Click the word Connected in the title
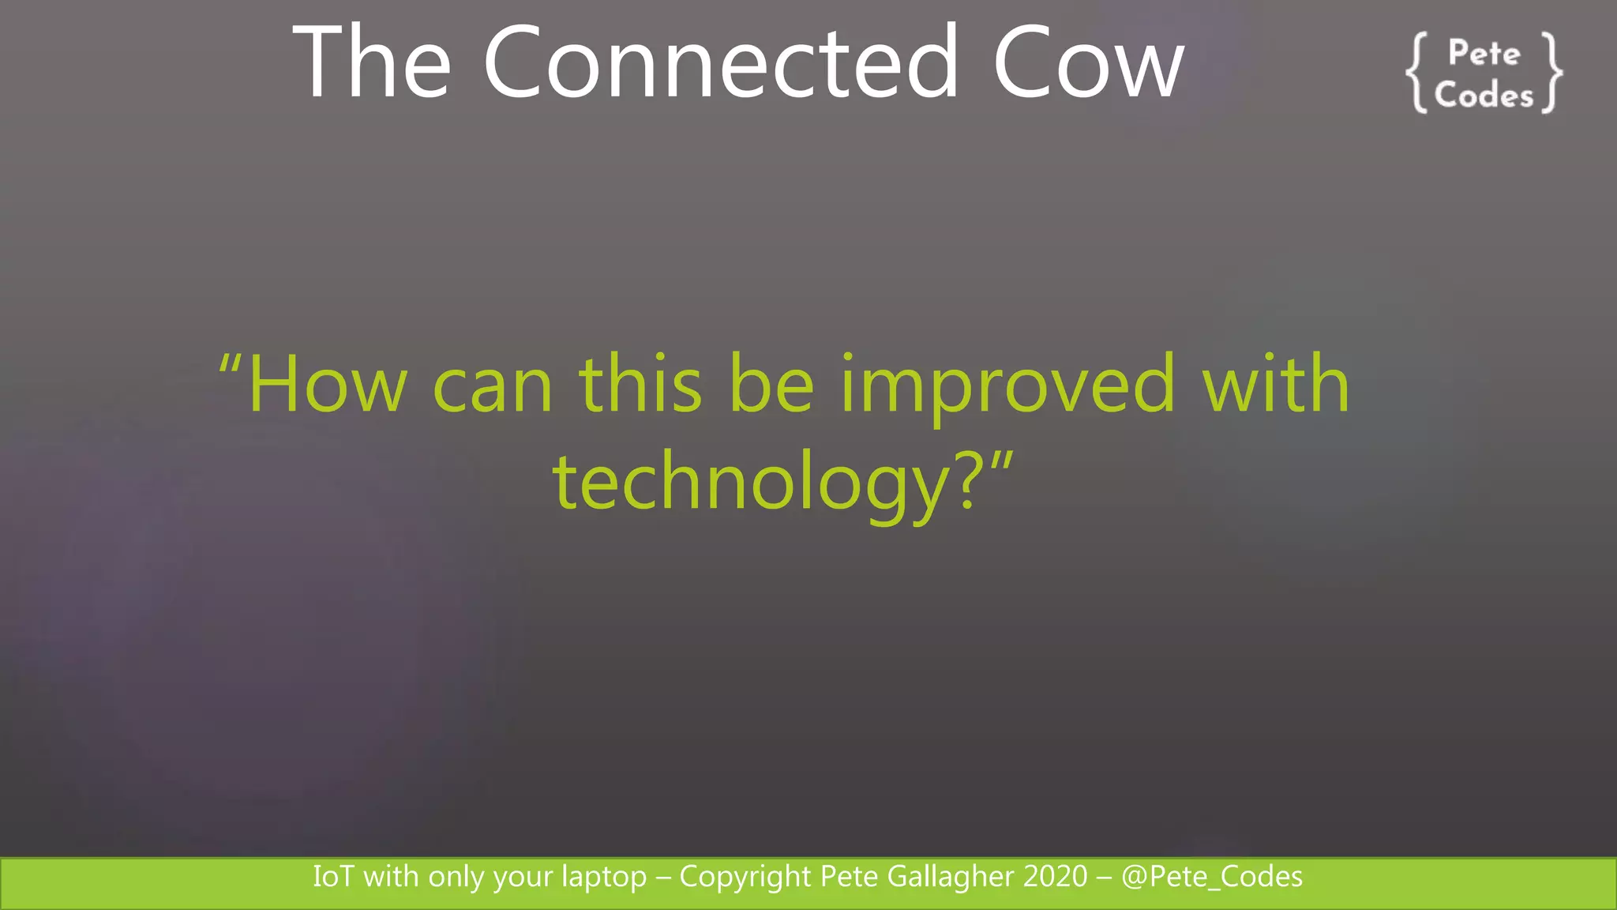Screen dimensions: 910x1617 tap(720, 63)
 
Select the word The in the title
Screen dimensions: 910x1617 tap(371, 63)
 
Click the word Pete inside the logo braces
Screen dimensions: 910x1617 tap(1484, 54)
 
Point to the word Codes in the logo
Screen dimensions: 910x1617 tap(1484, 96)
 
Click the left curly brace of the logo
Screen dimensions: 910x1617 tap(1417, 73)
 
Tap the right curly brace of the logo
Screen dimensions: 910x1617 tap(1551, 73)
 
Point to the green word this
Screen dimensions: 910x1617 tap(640, 385)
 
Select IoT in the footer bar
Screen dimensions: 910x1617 tap(333, 877)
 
